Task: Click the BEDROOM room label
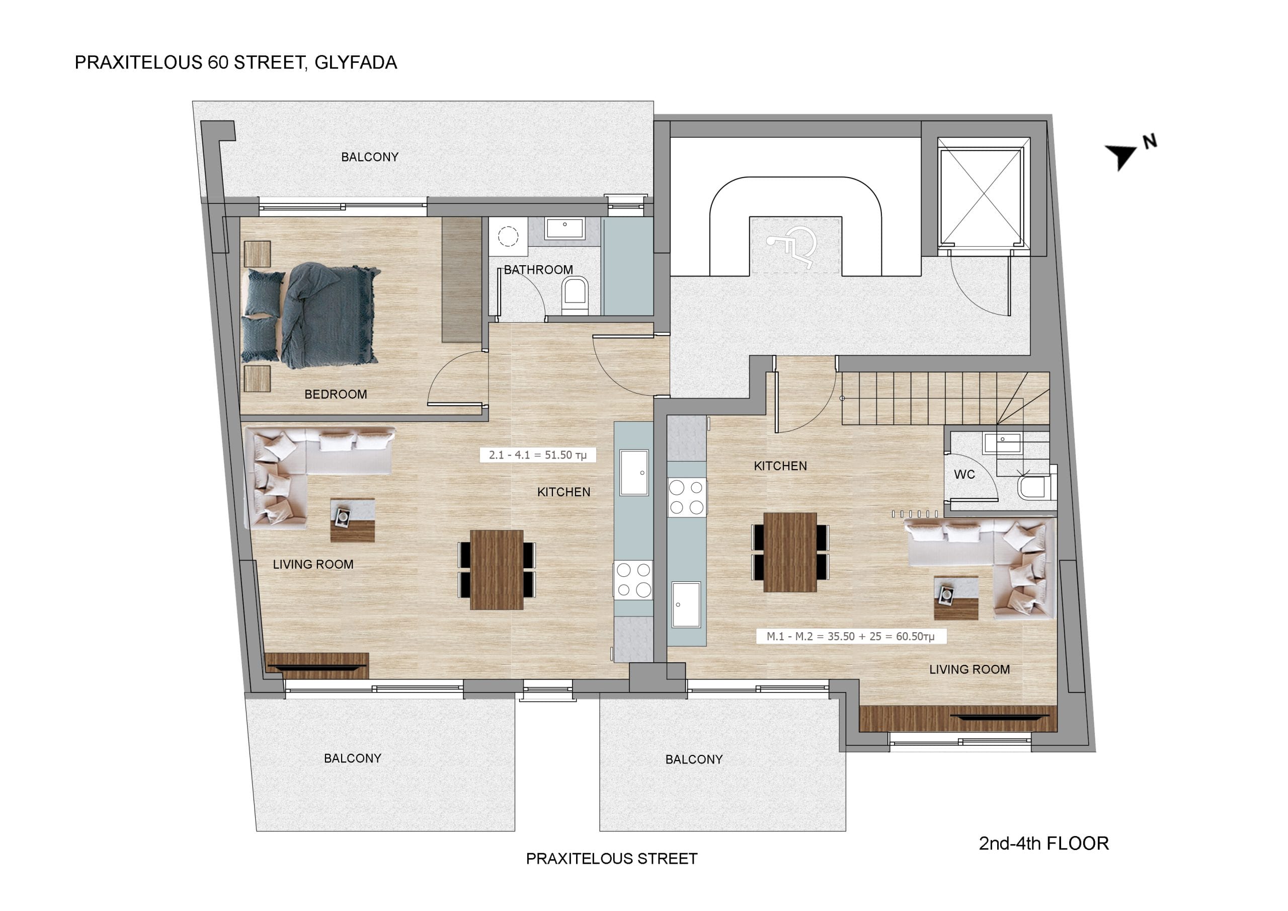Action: [x=336, y=395]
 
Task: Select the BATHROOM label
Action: [x=538, y=270]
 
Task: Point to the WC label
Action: [x=964, y=475]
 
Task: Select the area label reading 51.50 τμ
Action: [x=537, y=455]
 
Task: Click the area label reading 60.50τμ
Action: [x=850, y=637]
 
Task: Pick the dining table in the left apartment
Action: [x=497, y=570]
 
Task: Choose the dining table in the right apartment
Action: [x=790, y=552]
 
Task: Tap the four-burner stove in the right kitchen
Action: [x=687, y=497]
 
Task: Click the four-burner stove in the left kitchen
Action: [x=633, y=580]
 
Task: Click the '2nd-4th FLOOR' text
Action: [x=1043, y=844]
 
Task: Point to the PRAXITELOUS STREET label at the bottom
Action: [x=611, y=859]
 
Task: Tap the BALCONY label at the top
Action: [x=370, y=157]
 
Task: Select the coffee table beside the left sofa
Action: [x=352, y=520]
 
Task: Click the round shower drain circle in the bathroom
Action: [x=508, y=237]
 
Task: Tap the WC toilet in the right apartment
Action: [x=1033, y=488]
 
